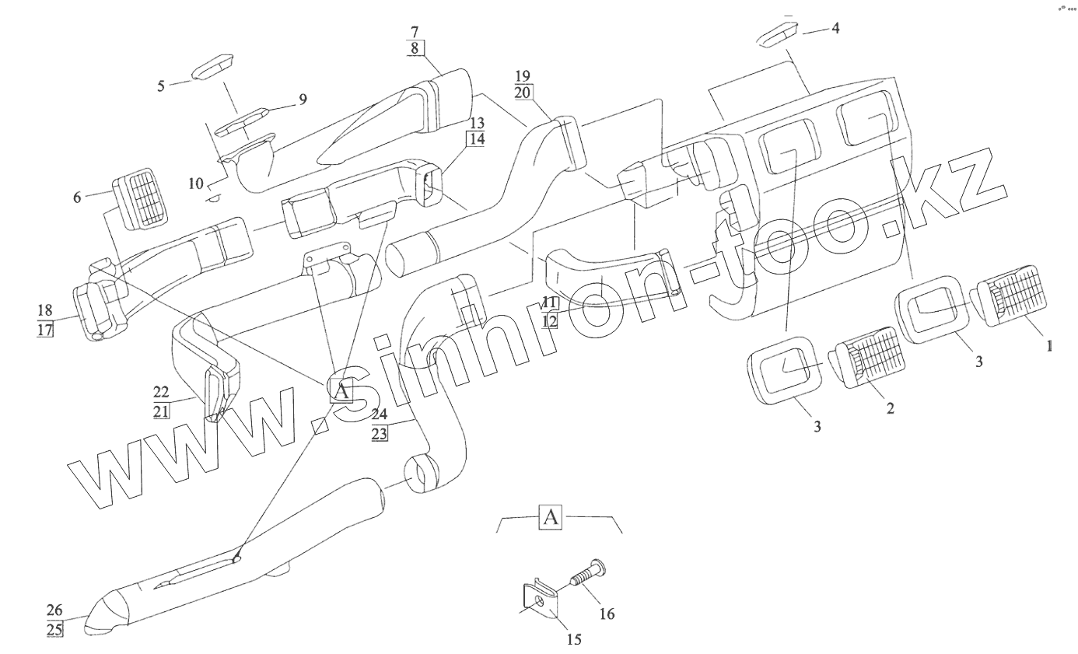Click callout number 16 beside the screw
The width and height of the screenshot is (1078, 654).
click(x=607, y=614)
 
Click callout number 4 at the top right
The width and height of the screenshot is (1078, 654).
click(x=835, y=28)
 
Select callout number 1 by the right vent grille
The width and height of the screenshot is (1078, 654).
click(x=1049, y=346)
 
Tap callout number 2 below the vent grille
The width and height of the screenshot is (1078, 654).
click(x=889, y=407)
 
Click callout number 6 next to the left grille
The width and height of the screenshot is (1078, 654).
click(x=77, y=197)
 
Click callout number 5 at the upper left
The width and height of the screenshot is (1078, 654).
click(x=161, y=86)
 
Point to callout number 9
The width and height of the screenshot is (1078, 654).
click(x=302, y=99)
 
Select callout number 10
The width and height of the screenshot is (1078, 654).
click(x=194, y=184)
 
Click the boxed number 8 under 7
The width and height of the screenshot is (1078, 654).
click(x=414, y=47)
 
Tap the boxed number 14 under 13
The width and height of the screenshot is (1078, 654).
click(x=476, y=139)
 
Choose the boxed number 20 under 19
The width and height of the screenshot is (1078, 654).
click(x=522, y=92)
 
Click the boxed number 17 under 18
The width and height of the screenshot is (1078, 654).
click(x=44, y=329)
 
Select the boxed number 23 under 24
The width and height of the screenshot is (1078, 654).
click(x=379, y=433)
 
